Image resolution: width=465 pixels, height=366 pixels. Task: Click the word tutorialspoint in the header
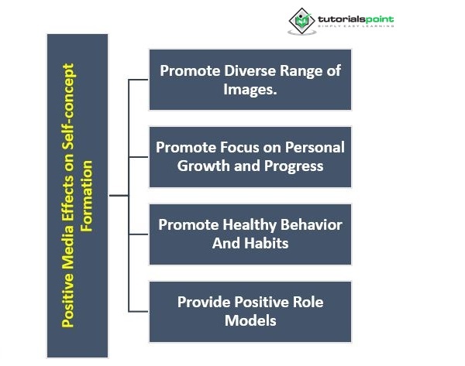click(x=355, y=16)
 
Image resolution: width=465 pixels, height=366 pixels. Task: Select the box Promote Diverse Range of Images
click(x=250, y=79)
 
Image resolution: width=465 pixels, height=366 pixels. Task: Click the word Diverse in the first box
click(x=243, y=70)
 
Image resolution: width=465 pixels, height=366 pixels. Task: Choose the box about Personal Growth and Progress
click(x=250, y=156)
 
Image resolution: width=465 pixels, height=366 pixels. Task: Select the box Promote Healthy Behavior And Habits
click(x=250, y=234)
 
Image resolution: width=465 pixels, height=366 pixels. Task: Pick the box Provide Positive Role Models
click(x=250, y=311)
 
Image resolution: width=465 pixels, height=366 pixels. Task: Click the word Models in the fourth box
click(x=250, y=320)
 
